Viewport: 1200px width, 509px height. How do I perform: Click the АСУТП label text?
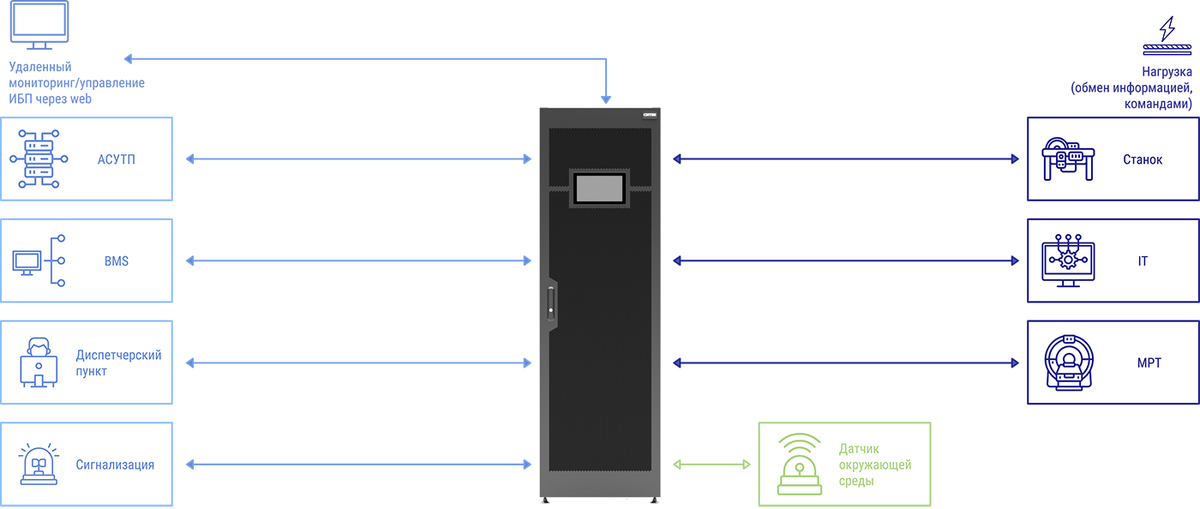(x=117, y=159)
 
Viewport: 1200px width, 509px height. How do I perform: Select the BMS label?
(x=117, y=260)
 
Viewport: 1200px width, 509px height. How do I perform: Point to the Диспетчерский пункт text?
(x=118, y=363)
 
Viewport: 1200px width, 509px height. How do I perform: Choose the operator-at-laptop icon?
(x=39, y=362)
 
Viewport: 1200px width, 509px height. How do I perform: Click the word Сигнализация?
(x=115, y=464)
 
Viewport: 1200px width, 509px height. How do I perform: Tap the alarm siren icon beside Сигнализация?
(x=39, y=464)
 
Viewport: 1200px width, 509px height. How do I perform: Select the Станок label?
(x=1143, y=159)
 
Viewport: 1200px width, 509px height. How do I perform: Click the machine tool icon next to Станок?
(x=1068, y=159)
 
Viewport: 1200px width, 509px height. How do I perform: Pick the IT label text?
(x=1143, y=260)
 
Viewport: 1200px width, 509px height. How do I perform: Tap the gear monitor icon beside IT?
(x=1068, y=261)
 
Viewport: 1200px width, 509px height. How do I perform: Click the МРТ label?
(x=1149, y=363)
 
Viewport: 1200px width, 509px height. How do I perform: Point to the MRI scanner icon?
(x=1068, y=362)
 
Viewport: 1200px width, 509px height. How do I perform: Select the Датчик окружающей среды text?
(x=875, y=464)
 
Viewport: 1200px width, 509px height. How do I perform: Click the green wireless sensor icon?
(x=800, y=464)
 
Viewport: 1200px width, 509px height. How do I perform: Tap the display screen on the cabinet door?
(x=600, y=188)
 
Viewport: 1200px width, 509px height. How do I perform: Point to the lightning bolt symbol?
(x=1167, y=29)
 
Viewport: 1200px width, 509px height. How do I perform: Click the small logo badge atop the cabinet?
(x=650, y=114)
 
